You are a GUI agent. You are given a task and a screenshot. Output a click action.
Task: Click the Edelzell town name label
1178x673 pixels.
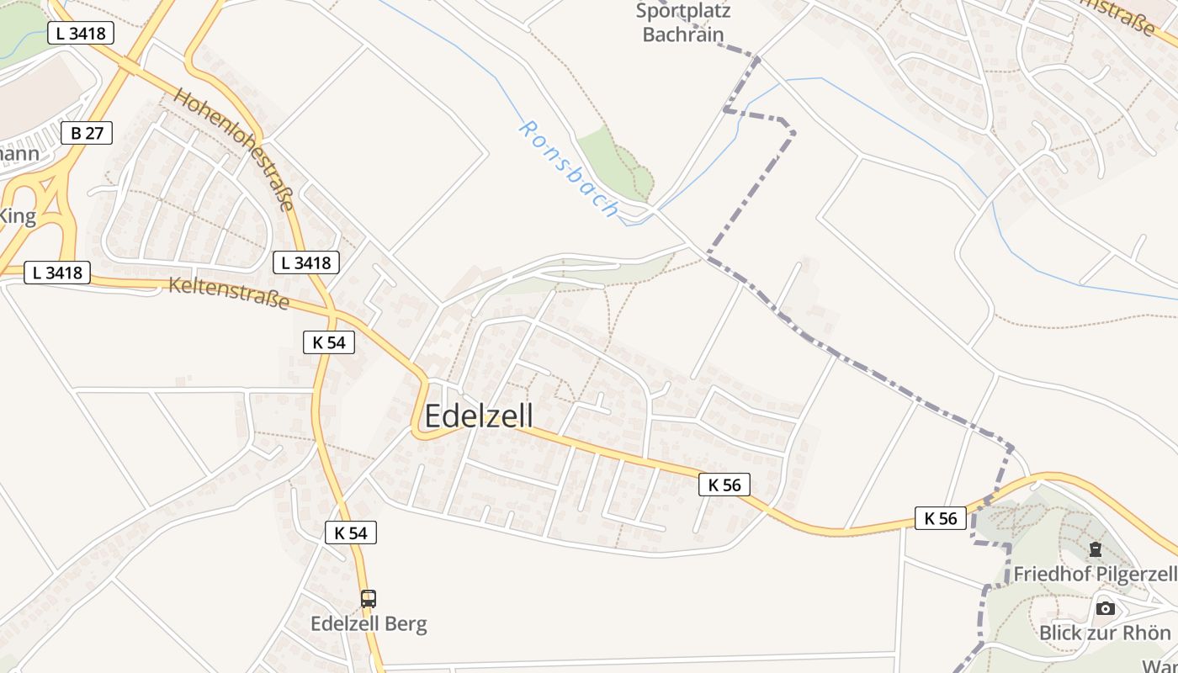479,416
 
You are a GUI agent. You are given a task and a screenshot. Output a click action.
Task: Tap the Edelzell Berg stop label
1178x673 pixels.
369,624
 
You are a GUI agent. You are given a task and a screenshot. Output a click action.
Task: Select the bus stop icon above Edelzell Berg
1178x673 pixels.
369,599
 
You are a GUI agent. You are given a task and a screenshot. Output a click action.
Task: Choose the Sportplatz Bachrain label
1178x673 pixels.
682,23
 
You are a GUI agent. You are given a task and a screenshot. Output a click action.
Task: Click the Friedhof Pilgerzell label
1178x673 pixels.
1094,575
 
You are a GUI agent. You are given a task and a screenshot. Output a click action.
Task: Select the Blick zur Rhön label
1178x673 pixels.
1105,633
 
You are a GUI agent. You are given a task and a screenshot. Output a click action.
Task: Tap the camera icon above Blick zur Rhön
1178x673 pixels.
1106,608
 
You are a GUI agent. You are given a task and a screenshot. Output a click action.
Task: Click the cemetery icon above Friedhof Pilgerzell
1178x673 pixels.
1095,550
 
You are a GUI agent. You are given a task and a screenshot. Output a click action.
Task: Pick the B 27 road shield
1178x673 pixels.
87,133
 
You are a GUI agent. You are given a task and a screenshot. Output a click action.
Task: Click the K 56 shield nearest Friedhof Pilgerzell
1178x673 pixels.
941,518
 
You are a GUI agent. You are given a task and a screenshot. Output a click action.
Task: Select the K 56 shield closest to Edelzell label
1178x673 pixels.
724,485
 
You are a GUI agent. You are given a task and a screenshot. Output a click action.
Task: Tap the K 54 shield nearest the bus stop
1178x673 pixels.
351,533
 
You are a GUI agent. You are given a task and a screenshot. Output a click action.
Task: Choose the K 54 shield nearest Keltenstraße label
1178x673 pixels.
328,342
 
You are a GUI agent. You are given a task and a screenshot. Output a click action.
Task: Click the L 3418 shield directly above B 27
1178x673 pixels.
81,34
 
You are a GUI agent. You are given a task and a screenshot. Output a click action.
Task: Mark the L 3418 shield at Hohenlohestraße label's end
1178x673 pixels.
306,262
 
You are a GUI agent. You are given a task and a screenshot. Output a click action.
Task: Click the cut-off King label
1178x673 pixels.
17,216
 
